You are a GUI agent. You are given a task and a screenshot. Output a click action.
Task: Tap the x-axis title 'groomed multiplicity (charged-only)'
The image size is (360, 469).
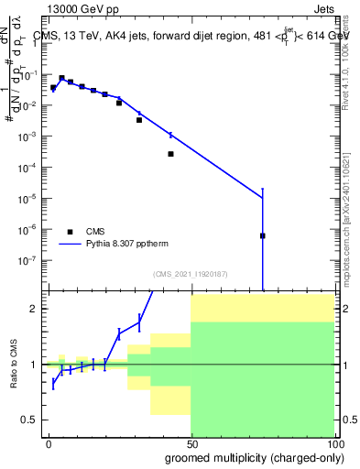pyautogui.click(x=250, y=456)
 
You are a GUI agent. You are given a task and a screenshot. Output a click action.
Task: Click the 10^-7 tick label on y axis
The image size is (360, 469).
pyautogui.click(x=29, y=259)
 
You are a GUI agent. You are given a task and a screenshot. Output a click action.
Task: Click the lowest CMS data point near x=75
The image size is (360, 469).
pyautogui.click(x=263, y=235)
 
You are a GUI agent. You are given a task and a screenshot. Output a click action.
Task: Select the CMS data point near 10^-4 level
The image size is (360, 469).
pyautogui.click(x=171, y=154)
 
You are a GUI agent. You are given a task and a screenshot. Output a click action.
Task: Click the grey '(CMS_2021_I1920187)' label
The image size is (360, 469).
pyautogui.click(x=191, y=274)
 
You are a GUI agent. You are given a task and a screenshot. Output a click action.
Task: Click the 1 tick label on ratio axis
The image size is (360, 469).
pyautogui.click(x=34, y=365)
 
